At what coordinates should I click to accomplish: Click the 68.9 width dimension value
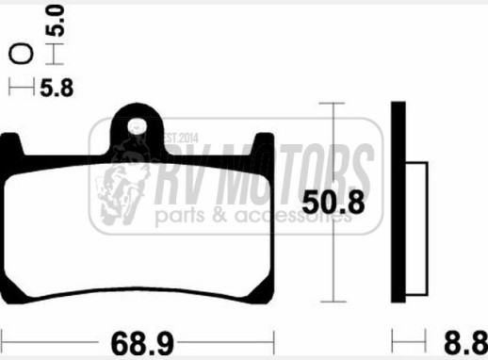click(142, 343)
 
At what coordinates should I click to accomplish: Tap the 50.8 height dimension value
click(333, 203)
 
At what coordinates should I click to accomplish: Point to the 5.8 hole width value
click(57, 88)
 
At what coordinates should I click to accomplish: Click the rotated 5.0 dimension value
click(56, 21)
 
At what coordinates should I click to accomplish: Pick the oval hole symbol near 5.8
click(21, 54)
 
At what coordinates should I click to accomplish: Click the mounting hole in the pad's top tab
click(138, 126)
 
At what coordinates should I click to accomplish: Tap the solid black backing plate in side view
click(399, 202)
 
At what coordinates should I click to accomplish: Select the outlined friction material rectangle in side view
click(416, 229)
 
